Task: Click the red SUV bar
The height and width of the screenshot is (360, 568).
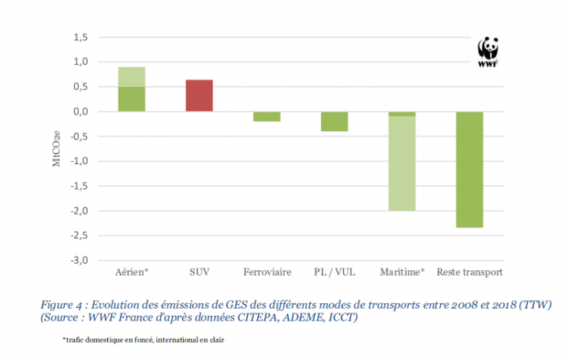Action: tap(199, 96)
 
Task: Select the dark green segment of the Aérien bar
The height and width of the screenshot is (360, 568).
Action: tap(132, 99)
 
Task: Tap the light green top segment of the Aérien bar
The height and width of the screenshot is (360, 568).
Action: tap(132, 77)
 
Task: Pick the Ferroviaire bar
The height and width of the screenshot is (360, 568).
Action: tap(267, 116)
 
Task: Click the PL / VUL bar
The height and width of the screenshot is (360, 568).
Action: tap(334, 121)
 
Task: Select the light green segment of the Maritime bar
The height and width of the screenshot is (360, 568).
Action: tap(402, 163)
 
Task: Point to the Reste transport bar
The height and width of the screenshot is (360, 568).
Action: tap(469, 169)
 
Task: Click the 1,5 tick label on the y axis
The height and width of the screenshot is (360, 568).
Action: tap(80, 37)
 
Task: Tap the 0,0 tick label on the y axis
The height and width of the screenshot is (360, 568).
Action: tap(80, 111)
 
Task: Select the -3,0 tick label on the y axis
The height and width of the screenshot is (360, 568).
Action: tap(79, 261)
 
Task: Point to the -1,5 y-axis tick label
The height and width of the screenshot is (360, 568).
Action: tap(79, 186)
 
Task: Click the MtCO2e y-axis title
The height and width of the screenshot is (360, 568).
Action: tap(54, 148)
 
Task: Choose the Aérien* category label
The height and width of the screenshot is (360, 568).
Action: tap(132, 272)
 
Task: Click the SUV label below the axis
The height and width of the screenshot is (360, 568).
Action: tap(199, 272)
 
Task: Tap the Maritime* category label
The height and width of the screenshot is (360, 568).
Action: tap(402, 272)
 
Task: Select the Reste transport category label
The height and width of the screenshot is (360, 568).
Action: tap(469, 272)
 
